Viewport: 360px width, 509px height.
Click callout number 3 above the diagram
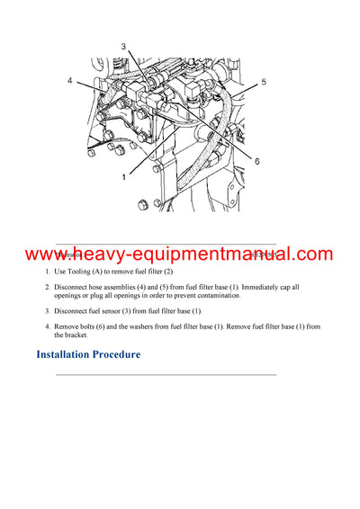click(x=123, y=46)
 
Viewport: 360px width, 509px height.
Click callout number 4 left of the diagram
click(x=68, y=81)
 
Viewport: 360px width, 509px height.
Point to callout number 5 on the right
click(x=264, y=82)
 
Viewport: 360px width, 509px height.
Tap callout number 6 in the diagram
click(x=256, y=161)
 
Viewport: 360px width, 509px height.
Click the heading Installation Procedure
click(x=88, y=354)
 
